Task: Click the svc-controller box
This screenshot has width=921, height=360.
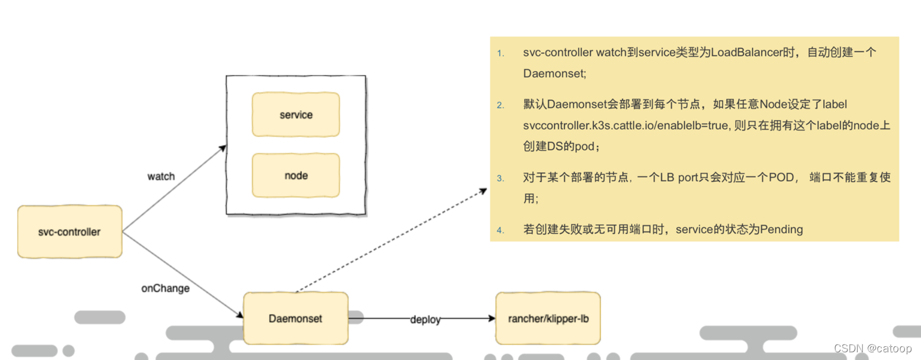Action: [69, 232]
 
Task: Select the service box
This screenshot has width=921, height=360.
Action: [296, 115]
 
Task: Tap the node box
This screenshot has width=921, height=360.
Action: [296, 176]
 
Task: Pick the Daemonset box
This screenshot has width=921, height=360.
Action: [296, 319]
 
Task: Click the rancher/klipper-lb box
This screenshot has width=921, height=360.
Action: [548, 319]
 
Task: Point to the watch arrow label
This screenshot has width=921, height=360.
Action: [161, 176]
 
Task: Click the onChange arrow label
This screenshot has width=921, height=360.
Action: [165, 288]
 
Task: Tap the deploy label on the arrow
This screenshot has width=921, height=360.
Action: [425, 320]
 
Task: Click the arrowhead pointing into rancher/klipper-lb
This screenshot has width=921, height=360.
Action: [492, 319]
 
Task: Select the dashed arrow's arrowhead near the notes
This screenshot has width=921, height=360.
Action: [483, 191]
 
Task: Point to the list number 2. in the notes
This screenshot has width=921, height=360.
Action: [500, 106]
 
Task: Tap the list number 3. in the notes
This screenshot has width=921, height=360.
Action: [500, 178]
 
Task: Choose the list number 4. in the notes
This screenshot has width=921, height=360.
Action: [500, 230]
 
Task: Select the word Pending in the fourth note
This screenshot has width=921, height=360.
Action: [782, 229]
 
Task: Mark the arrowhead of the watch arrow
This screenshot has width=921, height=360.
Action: [223, 147]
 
